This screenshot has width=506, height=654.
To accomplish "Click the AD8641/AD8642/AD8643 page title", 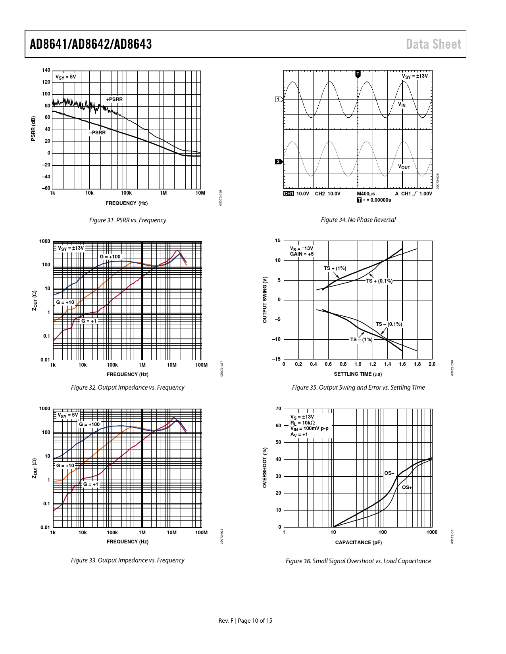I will click(90, 44).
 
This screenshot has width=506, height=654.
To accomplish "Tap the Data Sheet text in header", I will click(433, 44).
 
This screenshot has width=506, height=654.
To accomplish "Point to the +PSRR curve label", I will click(114, 99).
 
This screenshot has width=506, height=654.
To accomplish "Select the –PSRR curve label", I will click(97, 132).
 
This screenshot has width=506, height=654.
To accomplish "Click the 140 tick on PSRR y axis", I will click(46, 70).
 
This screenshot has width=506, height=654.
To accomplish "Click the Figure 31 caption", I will click(127, 220).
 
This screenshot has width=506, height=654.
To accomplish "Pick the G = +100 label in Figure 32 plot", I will click(110, 256).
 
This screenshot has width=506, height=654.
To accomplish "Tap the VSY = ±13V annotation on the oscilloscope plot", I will click(415, 76).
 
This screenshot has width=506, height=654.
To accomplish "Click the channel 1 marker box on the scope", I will click(279, 99).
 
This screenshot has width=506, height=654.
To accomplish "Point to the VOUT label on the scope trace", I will click(404, 167).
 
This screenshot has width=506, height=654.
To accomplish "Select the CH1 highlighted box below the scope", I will click(289, 194).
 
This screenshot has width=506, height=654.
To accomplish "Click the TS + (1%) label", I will click(335, 268).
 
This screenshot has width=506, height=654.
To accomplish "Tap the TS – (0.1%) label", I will click(389, 324).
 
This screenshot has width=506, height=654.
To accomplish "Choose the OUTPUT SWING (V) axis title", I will click(265, 300).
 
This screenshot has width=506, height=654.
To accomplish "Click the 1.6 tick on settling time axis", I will click(402, 364).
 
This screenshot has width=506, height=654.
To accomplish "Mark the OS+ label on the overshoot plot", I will click(407, 487).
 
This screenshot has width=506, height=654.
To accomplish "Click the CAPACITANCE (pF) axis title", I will click(358, 542).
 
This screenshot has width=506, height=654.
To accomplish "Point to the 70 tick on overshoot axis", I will click(278, 409).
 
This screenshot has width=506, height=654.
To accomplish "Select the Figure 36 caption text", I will click(358, 561).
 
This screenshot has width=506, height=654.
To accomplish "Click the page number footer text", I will click(245, 620).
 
